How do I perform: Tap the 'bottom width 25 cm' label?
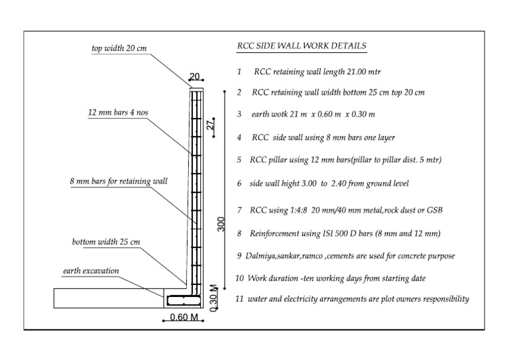click(x=106, y=242)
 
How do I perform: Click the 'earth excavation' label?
click(x=91, y=271)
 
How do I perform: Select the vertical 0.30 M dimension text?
click(x=214, y=297)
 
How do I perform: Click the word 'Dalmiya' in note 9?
click(x=260, y=255)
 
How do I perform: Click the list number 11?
click(x=239, y=299)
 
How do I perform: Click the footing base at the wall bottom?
click(x=184, y=299)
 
